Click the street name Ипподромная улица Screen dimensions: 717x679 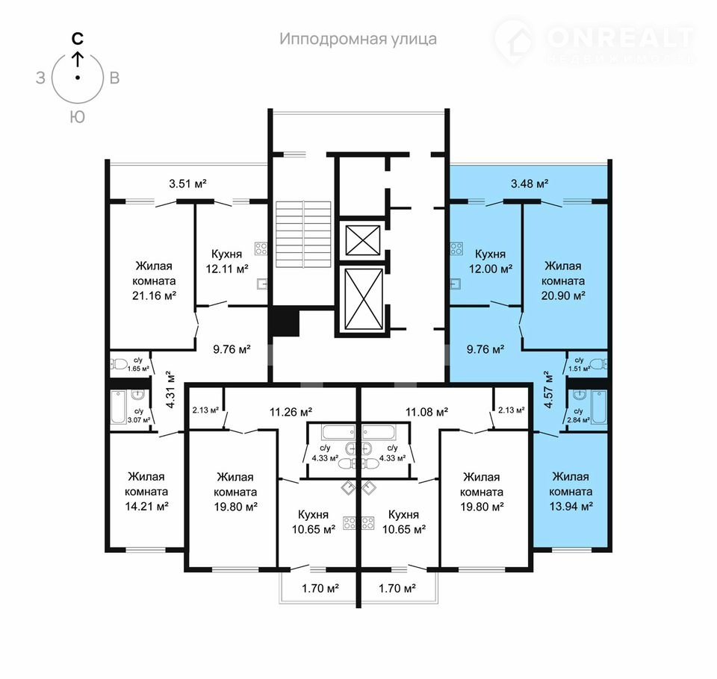(x=358, y=40)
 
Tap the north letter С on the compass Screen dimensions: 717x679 (x=78, y=39)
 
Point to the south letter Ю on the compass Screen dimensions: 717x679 (x=78, y=117)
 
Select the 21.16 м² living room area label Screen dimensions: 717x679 (x=154, y=295)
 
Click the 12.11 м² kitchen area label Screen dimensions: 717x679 (x=227, y=269)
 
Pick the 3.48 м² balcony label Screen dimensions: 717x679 (x=530, y=184)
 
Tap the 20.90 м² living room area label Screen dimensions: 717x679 (x=563, y=295)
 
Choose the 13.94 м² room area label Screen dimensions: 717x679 (x=571, y=507)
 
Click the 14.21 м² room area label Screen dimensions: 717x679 (x=147, y=507)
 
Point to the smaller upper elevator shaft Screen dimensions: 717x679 (x=363, y=240)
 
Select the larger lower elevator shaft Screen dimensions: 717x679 (x=364, y=298)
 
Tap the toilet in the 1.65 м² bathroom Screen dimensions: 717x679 (x=119, y=364)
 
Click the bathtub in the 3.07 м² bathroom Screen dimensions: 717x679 (x=119, y=407)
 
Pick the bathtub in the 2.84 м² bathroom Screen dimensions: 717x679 (x=599, y=407)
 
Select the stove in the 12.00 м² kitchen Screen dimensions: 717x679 (x=456, y=248)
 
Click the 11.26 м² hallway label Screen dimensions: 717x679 (x=291, y=413)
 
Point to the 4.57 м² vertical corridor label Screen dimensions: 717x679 (x=548, y=389)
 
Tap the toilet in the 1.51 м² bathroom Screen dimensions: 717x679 (x=598, y=364)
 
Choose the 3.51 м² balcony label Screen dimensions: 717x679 (x=188, y=184)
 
